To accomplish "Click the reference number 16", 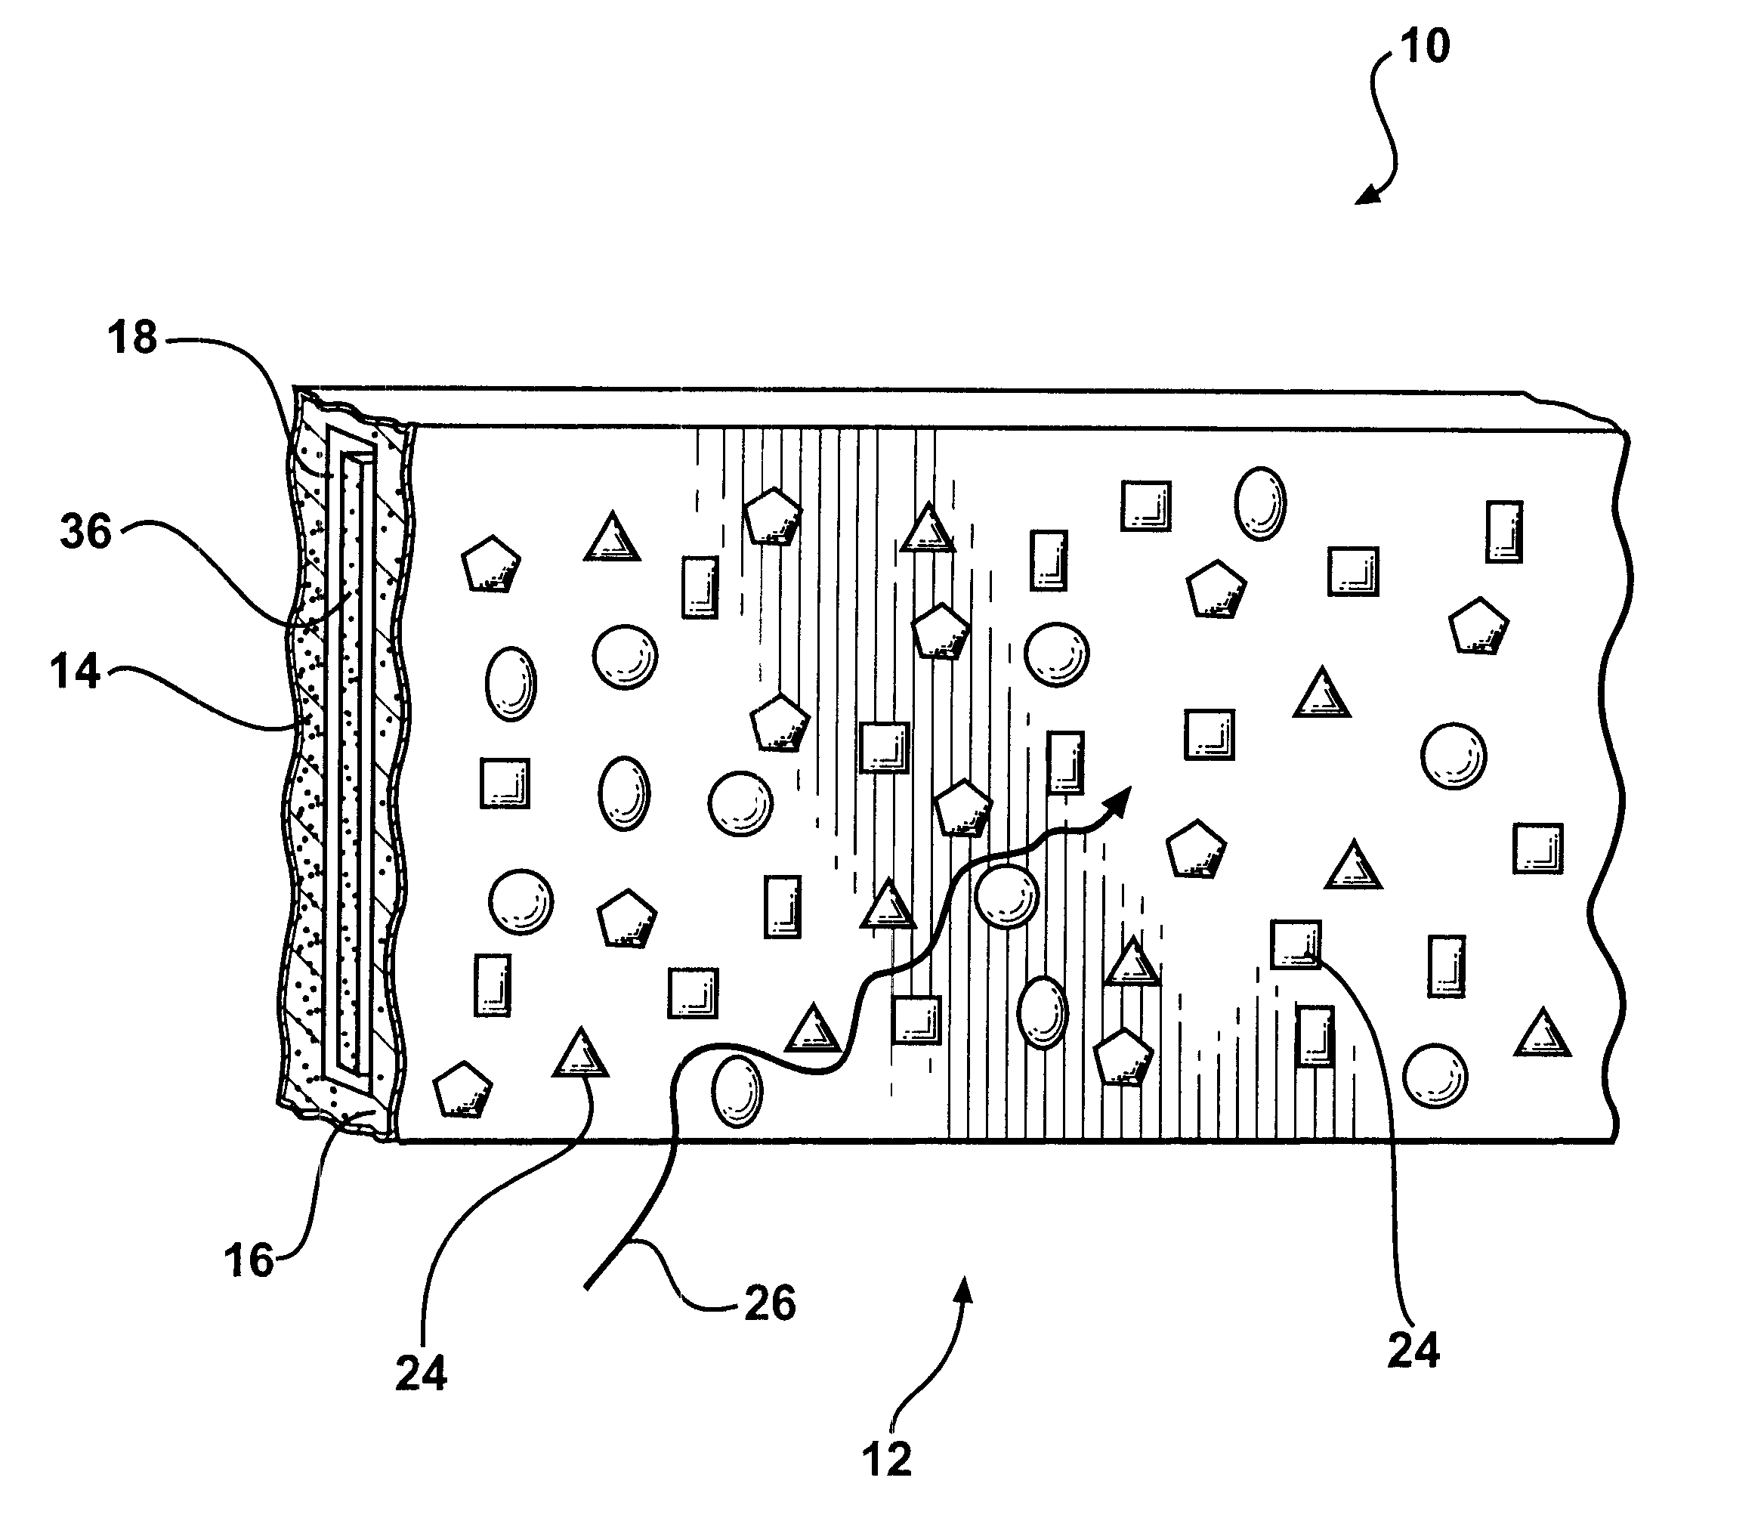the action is coord(249,1260).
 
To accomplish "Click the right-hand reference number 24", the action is coord(1413,1350).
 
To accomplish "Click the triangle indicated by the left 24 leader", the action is coord(581,1055).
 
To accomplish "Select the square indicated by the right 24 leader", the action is coord(1296,944).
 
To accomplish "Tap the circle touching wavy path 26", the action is coord(1007,896).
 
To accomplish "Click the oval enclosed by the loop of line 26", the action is coord(737,1090).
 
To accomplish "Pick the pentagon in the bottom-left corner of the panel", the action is coord(462,1090).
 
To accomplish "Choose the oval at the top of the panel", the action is coord(1260,503).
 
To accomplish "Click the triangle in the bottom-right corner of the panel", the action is coord(1542,1034).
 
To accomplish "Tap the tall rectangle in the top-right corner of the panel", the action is coord(1504,531).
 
